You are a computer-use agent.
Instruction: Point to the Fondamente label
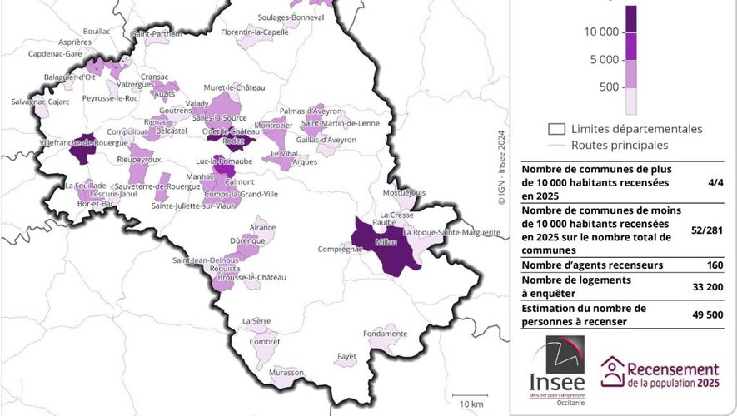(385, 334)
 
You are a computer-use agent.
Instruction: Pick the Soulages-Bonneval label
(289, 17)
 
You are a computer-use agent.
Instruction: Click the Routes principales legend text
(620, 145)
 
